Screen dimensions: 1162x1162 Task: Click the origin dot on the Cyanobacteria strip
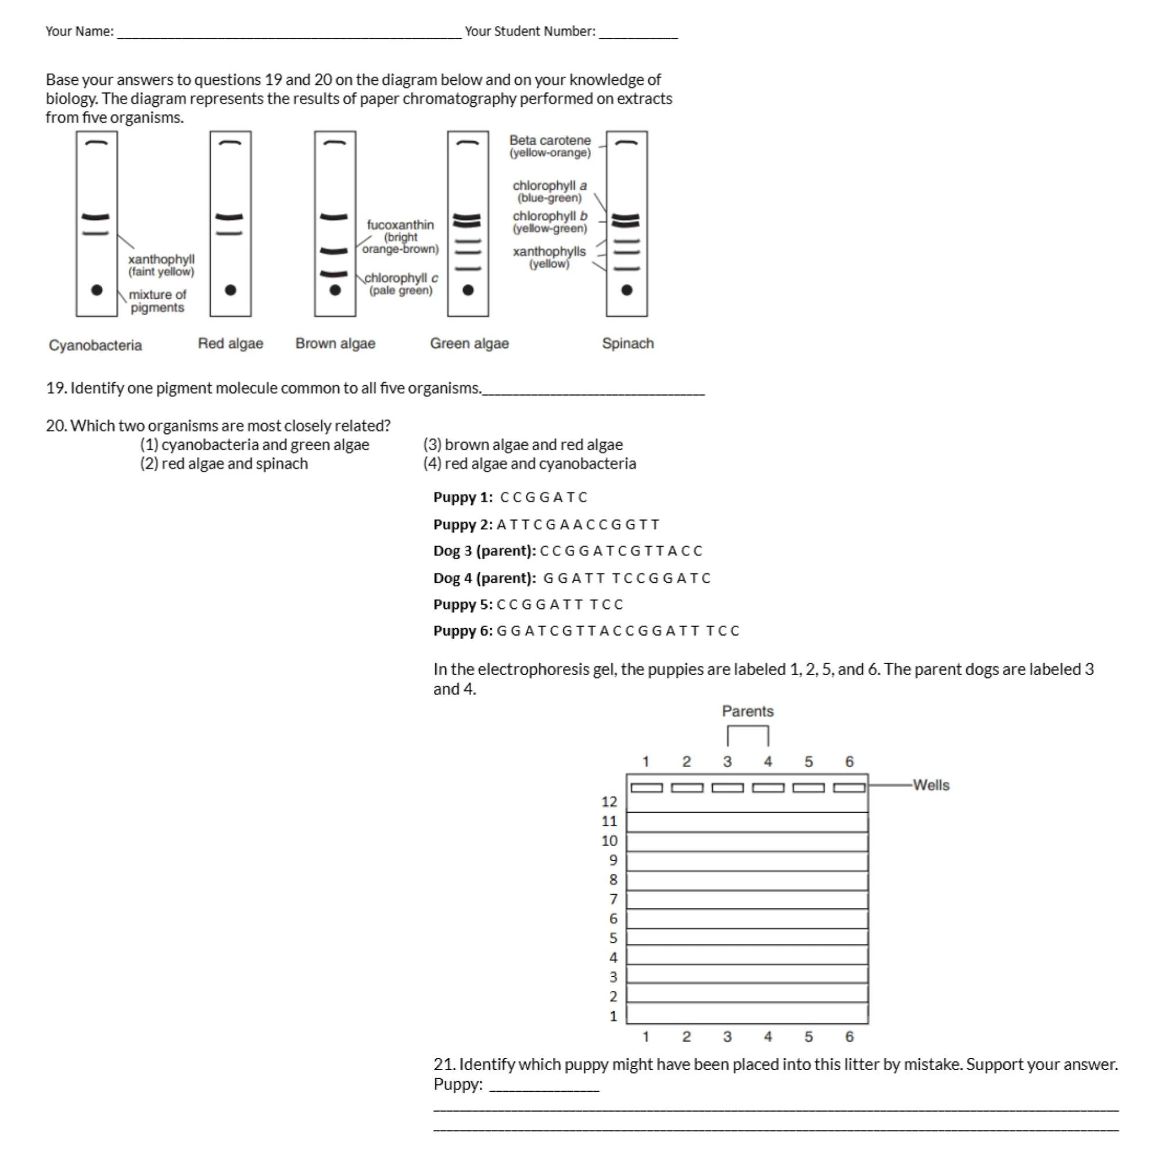(96, 290)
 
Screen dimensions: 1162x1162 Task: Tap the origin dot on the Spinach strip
(627, 290)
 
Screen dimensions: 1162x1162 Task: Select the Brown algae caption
(335, 343)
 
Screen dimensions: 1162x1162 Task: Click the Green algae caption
(469, 343)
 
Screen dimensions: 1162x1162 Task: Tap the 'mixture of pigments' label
(157, 301)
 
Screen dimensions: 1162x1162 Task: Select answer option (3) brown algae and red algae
(523, 444)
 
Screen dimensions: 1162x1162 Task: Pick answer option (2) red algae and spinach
(224, 464)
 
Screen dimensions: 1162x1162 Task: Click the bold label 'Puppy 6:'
(462, 631)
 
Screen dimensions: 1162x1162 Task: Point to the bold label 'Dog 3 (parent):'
(484, 551)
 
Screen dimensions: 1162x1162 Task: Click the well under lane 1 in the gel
(647, 788)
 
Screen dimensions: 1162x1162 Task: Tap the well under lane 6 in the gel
(849, 788)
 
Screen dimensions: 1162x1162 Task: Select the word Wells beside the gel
(931, 786)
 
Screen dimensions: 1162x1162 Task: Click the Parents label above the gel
(748, 712)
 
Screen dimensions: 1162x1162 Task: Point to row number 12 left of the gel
(609, 802)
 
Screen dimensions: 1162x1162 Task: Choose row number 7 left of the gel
(614, 899)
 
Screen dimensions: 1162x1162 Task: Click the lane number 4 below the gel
(768, 1037)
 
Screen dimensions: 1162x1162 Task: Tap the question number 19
(55, 389)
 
